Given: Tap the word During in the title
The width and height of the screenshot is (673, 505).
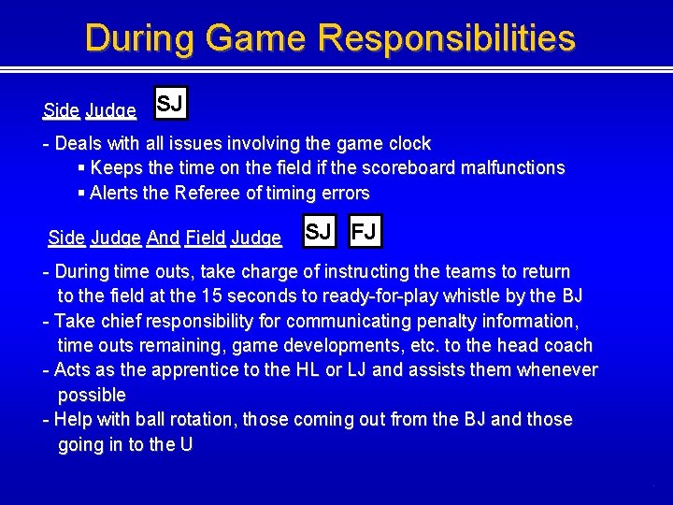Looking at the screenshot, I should tap(139, 38).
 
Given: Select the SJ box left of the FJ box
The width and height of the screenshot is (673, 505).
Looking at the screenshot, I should tap(319, 232).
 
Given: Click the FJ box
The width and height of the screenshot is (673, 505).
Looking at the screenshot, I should tap(365, 232).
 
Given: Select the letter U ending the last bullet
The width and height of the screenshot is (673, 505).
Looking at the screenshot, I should tap(186, 444).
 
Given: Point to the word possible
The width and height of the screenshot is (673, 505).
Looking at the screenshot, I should tap(92, 395).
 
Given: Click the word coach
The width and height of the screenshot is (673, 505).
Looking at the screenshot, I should tap(569, 345).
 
